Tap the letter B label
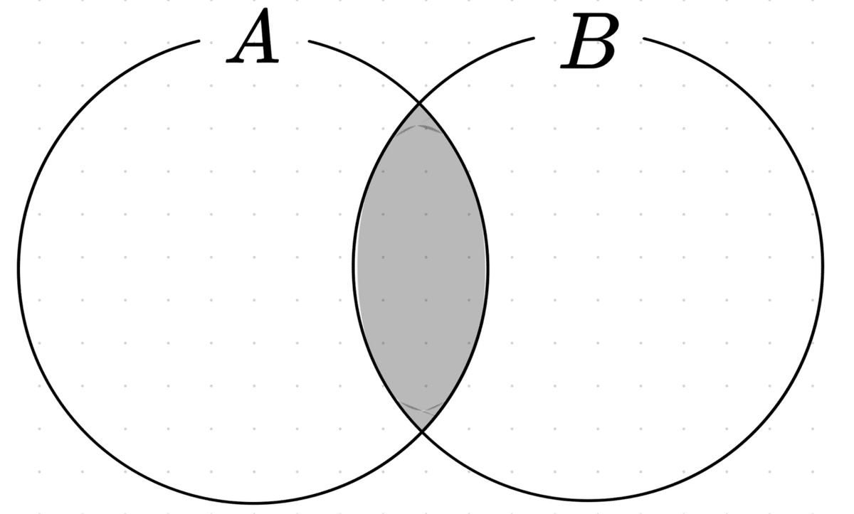(x=588, y=43)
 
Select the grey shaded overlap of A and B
(x=421, y=267)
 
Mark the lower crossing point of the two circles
(x=421, y=431)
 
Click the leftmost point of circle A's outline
(x=19, y=267)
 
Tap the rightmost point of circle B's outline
(x=823, y=267)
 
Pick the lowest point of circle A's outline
(x=253, y=502)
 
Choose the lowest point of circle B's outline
(x=589, y=500)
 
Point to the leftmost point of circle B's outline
(x=354, y=267)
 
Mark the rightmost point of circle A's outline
(x=488, y=267)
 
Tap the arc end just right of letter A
(x=310, y=41)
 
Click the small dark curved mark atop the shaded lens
(x=420, y=129)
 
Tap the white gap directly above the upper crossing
(x=421, y=78)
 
